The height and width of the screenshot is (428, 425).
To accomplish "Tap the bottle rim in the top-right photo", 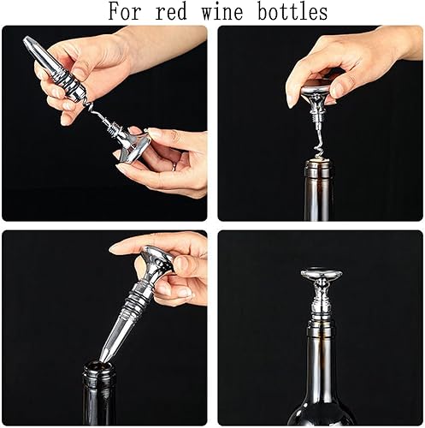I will click(x=318, y=161).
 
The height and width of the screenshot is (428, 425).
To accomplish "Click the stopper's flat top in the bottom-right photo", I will click(x=321, y=275).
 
